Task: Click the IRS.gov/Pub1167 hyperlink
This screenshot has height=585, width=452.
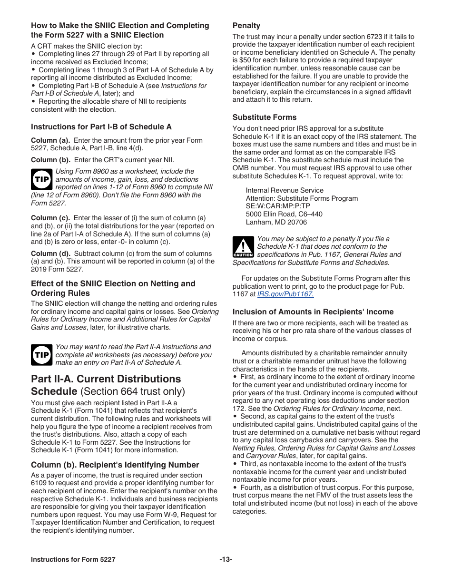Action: pyautogui.click(x=285, y=294)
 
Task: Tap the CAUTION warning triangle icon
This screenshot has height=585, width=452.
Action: pyautogui.click(x=243, y=247)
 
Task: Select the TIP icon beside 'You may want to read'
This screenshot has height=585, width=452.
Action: pyautogui.click(x=41, y=355)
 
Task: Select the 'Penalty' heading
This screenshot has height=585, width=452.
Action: pyautogui.click(x=246, y=26)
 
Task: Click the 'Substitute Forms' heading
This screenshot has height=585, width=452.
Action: pyautogui.click(x=264, y=117)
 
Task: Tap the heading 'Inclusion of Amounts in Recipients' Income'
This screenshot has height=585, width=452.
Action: pyautogui.click(x=313, y=312)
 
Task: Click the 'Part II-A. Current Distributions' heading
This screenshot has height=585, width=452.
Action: pyautogui.click(x=106, y=379)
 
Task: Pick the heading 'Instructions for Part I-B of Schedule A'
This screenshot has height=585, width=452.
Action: pyautogui.click(x=101, y=127)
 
